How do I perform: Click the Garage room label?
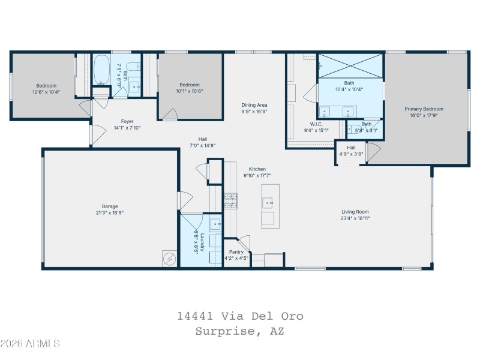(109, 206)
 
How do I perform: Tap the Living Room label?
(355, 212)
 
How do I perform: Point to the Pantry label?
(236, 253)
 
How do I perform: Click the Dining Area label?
(254, 104)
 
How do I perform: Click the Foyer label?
(127, 121)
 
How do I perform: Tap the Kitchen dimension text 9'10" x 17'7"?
(257, 176)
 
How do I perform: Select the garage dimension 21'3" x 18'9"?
(109, 212)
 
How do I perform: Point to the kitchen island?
(268, 206)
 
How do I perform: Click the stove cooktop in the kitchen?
(230, 200)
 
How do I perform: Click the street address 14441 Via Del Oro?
(240, 316)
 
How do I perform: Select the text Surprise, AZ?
(240, 331)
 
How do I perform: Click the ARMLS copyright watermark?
(30, 344)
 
